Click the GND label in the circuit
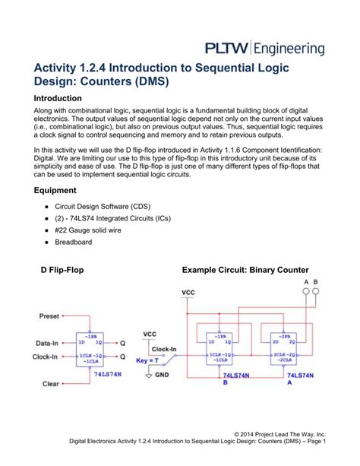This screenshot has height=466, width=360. [x=163, y=376]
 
